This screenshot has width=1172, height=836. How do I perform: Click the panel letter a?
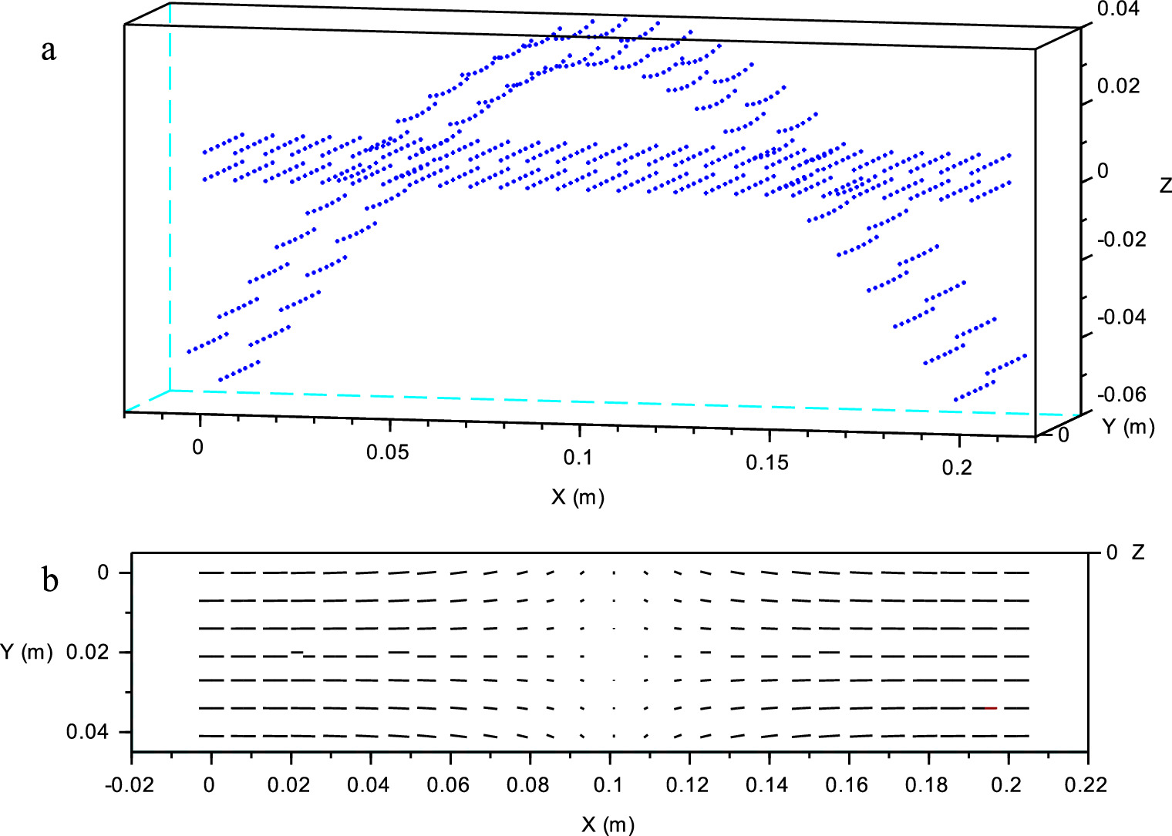click(x=49, y=51)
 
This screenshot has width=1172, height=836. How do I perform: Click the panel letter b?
click(x=50, y=579)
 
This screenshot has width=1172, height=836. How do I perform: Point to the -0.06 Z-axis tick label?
click(x=1121, y=394)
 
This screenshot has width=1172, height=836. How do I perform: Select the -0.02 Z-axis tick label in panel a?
click(x=1121, y=240)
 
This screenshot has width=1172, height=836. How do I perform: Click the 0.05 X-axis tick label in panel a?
click(x=388, y=452)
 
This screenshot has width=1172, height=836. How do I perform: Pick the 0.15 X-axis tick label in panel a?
click(x=767, y=462)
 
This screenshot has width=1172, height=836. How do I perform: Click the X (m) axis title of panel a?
click(x=578, y=497)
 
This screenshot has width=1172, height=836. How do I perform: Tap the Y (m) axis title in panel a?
click(x=1128, y=426)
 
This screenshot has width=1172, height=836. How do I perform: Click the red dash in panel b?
click(x=991, y=707)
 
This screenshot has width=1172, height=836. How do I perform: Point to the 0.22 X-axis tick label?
click(x=1086, y=785)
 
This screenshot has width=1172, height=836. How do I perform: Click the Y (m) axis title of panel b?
click(x=26, y=652)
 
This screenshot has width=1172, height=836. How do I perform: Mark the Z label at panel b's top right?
click(x=1137, y=552)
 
